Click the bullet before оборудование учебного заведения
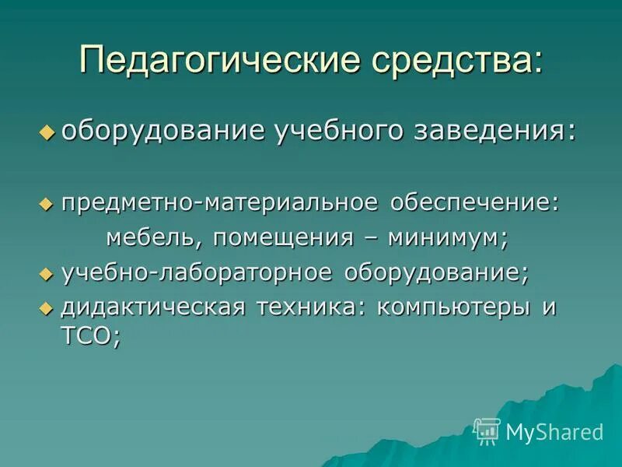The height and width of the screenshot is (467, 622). click(47, 132)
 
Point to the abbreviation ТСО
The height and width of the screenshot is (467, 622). click(86, 337)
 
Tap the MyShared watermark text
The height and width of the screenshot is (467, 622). click(554, 432)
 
